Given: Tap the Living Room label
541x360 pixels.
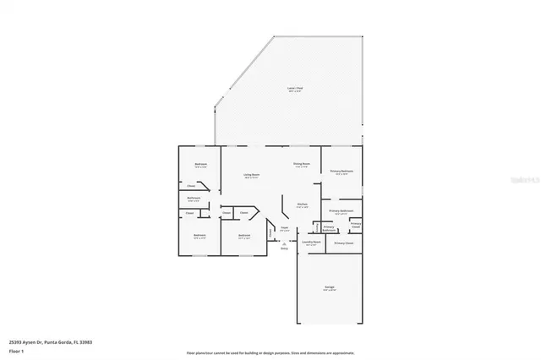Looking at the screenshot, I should [x=251, y=176].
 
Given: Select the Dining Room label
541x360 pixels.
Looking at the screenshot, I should [x=302, y=164].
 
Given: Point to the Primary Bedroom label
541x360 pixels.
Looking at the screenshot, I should [x=341, y=172].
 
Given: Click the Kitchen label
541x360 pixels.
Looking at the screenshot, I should [x=302, y=205].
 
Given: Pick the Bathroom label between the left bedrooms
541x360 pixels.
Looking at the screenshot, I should [x=194, y=199].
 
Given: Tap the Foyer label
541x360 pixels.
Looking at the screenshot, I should [x=285, y=227].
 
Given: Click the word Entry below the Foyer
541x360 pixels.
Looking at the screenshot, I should [x=284, y=248].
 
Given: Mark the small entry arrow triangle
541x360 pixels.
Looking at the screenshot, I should [x=284, y=243].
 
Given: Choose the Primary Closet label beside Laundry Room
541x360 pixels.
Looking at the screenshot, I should [x=344, y=243].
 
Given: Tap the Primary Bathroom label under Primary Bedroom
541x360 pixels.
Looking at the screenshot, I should [x=341, y=211].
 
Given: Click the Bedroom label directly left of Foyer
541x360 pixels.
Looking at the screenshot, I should [x=243, y=236].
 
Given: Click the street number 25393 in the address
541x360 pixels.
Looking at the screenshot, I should [x=15, y=342].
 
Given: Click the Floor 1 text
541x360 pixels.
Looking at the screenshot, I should [x=15, y=349].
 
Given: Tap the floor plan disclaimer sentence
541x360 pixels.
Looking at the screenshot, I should [x=270, y=352].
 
